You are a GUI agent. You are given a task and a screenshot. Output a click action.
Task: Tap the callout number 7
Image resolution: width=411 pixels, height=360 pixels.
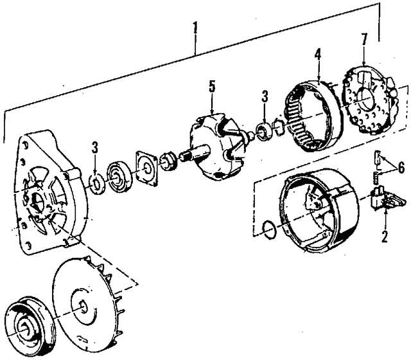[x=365, y=40]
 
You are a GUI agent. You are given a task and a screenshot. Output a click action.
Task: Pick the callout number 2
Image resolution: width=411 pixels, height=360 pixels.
[x=384, y=236]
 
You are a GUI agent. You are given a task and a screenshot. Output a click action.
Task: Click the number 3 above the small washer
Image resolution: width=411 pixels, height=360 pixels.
[x=94, y=148]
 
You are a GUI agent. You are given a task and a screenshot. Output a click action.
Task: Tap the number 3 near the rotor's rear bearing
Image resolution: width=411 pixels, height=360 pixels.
[x=265, y=97]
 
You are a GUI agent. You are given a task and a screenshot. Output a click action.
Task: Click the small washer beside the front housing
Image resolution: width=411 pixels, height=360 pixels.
[x=96, y=184]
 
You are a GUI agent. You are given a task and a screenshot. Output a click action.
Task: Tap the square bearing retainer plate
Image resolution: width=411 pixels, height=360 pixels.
[x=146, y=168]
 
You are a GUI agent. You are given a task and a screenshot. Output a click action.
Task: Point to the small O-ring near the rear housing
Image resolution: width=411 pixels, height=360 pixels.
[x=270, y=230]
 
